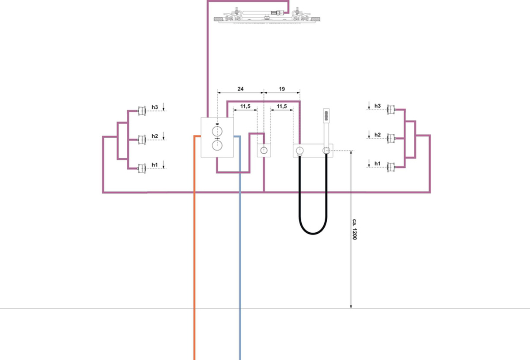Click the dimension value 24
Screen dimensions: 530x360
click(x=240, y=89)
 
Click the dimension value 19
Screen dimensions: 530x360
click(x=282, y=89)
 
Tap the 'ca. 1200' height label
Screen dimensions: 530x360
click(x=354, y=229)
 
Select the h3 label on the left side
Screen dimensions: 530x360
click(x=155, y=107)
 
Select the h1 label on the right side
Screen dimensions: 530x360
click(x=377, y=163)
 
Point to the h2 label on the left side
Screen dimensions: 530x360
click(x=155, y=136)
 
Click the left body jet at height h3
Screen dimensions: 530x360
click(x=142, y=111)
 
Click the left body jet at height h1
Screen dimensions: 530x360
click(x=142, y=169)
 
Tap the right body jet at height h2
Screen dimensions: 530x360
click(x=391, y=138)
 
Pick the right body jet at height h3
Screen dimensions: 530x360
click(x=391, y=110)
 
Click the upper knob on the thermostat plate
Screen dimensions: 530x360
click(x=217, y=131)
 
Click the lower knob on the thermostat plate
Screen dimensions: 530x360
click(x=217, y=145)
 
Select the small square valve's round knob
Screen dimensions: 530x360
click(x=264, y=150)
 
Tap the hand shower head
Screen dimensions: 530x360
click(x=326, y=116)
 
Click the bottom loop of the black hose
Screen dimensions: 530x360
click(x=313, y=234)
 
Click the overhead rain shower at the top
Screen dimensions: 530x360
click(x=267, y=16)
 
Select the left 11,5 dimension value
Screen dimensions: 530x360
click(x=245, y=106)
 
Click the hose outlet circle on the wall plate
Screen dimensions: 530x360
click(x=299, y=150)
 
